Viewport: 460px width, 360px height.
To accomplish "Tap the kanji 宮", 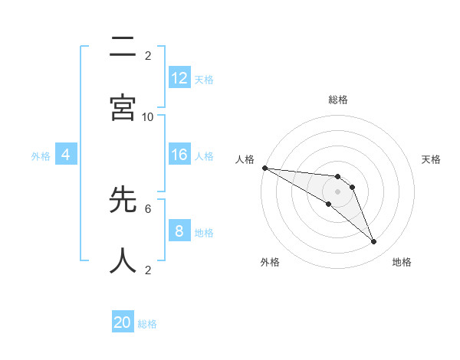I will click(123, 108).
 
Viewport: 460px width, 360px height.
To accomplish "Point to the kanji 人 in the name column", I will click(123, 260).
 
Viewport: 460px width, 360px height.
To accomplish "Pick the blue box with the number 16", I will click(179, 155).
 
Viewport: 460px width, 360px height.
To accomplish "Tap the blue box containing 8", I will click(179, 231).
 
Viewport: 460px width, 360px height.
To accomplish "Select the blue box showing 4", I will click(66, 155).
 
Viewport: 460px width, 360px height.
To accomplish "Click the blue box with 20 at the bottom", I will click(123, 322).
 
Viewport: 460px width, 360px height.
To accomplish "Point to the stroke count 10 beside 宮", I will click(148, 116).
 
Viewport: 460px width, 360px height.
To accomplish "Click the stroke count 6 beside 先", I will click(148, 208).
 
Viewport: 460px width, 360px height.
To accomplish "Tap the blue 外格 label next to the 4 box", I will click(41, 155).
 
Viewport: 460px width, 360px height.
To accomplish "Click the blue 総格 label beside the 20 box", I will click(147, 324).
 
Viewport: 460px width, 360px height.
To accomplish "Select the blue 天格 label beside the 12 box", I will click(204, 79).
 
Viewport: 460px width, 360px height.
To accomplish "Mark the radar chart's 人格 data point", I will click(264, 168).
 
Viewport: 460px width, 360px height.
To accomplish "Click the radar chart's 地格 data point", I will click(374, 242).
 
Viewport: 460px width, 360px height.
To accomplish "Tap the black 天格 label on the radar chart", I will click(432, 159).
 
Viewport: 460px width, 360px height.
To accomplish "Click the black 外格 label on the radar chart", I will click(270, 262).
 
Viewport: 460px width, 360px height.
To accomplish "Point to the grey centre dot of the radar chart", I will click(337, 191).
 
